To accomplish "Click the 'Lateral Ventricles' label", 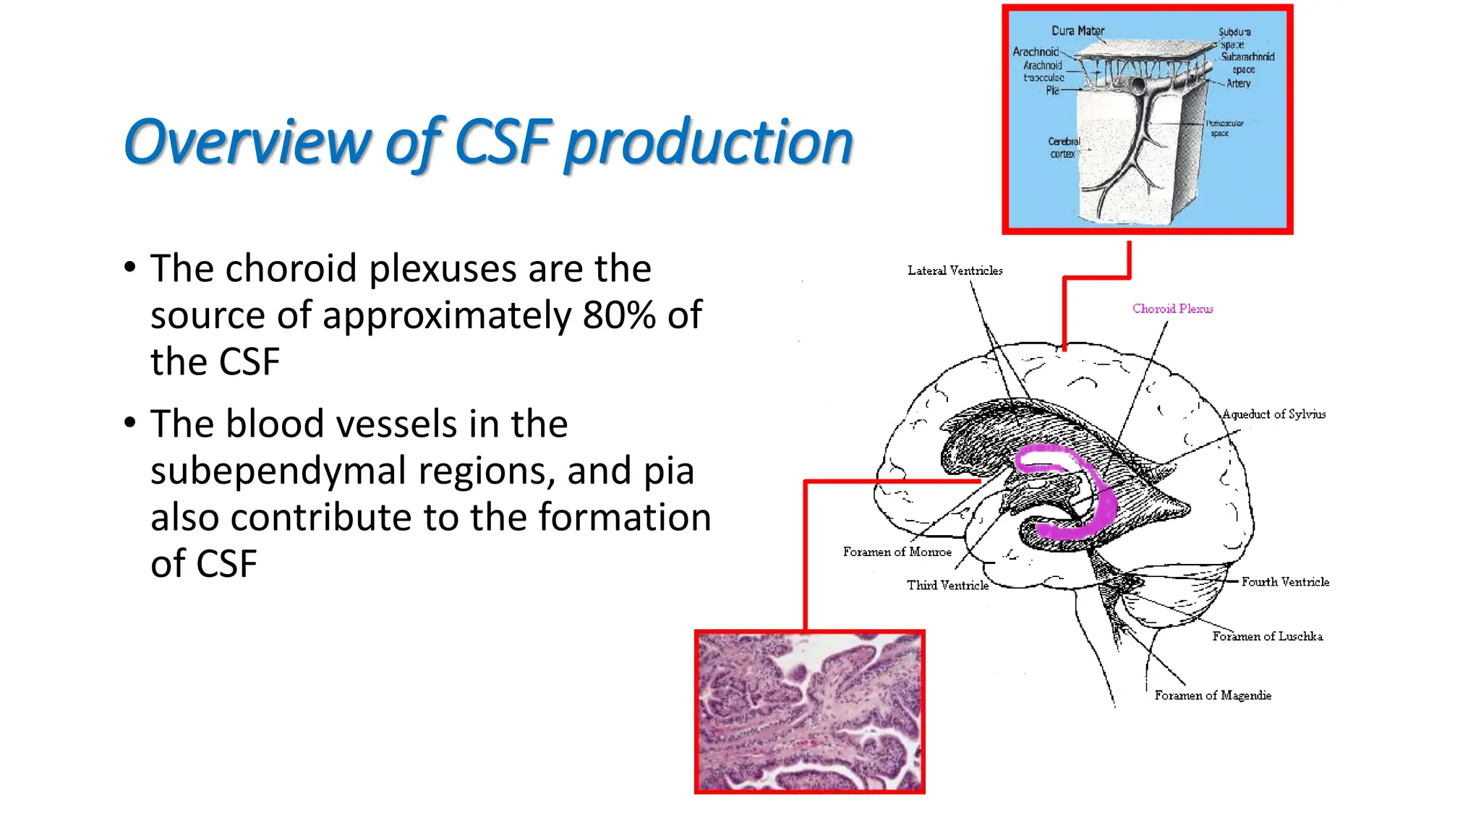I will click(x=955, y=270).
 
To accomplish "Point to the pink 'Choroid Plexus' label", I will click(x=1172, y=309).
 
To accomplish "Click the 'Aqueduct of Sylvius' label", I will click(x=1273, y=414).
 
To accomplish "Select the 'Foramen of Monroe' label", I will click(x=897, y=552).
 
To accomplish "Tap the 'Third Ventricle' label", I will click(x=947, y=585).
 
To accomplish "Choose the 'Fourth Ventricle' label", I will click(x=1285, y=581).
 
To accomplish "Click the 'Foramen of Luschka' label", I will click(x=1267, y=636).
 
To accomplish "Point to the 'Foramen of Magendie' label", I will click(x=1212, y=695).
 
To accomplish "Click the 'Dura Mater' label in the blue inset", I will click(x=1077, y=31).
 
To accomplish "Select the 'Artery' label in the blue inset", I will click(x=1238, y=84).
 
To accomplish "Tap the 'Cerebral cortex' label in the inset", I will click(x=1063, y=148).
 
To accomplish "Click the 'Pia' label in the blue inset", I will click(x=1052, y=90).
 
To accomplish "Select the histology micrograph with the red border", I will click(x=809, y=712).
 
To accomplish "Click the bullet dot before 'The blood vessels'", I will click(x=129, y=422).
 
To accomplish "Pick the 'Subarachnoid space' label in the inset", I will click(x=1246, y=63).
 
